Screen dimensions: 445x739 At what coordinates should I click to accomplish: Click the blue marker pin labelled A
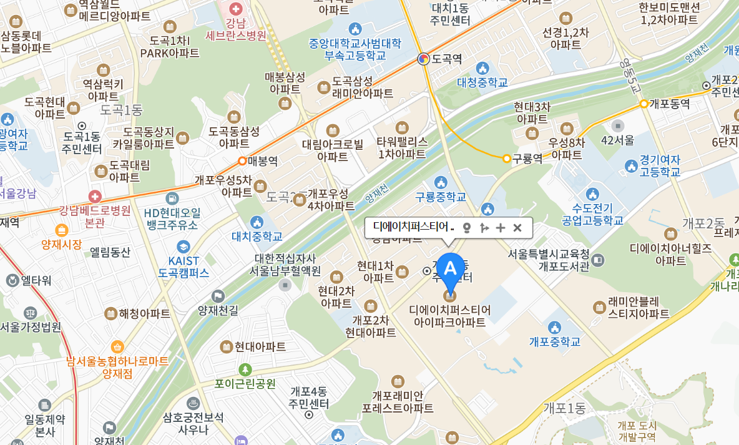pos(450,268)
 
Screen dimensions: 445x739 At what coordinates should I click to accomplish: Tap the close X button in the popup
pos(517,228)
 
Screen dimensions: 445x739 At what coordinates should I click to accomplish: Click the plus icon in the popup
pos(500,228)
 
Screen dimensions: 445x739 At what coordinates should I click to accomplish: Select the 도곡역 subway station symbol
pos(423,59)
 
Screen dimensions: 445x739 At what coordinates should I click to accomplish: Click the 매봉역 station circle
pos(242,161)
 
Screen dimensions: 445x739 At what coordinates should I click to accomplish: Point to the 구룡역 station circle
pos(507,159)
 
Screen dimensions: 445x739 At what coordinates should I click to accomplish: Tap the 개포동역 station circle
pos(644,104)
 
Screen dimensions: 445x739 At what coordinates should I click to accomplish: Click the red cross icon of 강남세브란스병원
pos(236,9)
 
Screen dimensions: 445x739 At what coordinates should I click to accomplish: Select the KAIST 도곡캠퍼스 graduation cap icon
pos(183,247)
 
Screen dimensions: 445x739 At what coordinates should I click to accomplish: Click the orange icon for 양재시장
pos(62,230)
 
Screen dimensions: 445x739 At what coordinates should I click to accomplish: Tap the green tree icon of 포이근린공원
pos(245,369)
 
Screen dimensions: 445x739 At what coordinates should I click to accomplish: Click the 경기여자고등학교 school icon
pos(631,166)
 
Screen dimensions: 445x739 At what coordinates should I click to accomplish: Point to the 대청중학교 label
pos(482,82)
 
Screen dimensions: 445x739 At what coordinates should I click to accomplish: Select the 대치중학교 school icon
pos(257,222)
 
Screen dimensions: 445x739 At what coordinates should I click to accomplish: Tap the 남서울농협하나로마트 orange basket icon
pos(117,346)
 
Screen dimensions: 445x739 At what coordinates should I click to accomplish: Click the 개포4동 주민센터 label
pos(309,397)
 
